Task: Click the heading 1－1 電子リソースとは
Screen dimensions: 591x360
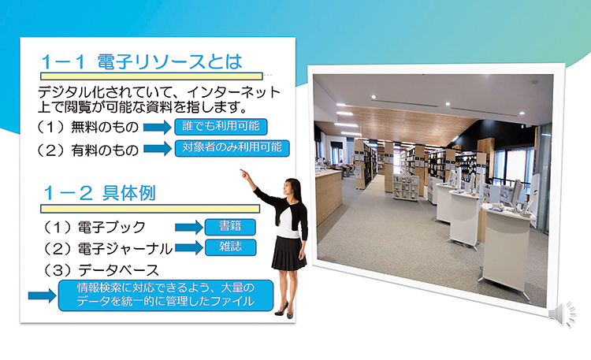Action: tap(141, 61)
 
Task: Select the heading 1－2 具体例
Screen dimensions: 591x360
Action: tap(99, 193)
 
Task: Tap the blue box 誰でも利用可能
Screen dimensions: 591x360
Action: tap(221, 127)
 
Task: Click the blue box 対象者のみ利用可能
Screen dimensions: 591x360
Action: tap(232, 148)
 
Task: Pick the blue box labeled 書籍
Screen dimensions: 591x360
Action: tap(230, 227)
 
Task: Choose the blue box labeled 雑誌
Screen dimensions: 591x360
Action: tap(230, 247)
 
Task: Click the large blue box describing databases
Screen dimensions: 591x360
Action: tap(165, 295)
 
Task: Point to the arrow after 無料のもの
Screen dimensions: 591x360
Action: tap(157, 127)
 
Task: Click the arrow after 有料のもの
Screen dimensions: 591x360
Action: tap(157, 149)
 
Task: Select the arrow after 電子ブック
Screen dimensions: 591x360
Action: tap(189, 228)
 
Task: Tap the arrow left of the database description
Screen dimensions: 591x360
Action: tap(43, 295)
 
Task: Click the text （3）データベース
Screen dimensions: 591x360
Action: tap(100, 270)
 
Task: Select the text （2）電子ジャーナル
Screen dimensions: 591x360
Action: tap(107, 249)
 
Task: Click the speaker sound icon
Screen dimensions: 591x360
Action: tap(563, 314)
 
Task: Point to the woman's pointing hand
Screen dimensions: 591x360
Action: tap(245, 174)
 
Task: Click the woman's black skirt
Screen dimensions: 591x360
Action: tap(288, 253)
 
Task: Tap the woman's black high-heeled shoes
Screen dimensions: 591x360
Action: tap(284, 310)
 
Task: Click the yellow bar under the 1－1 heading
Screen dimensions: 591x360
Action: tap(151, 76)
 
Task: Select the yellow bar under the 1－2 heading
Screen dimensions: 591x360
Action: tap(150, 209)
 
